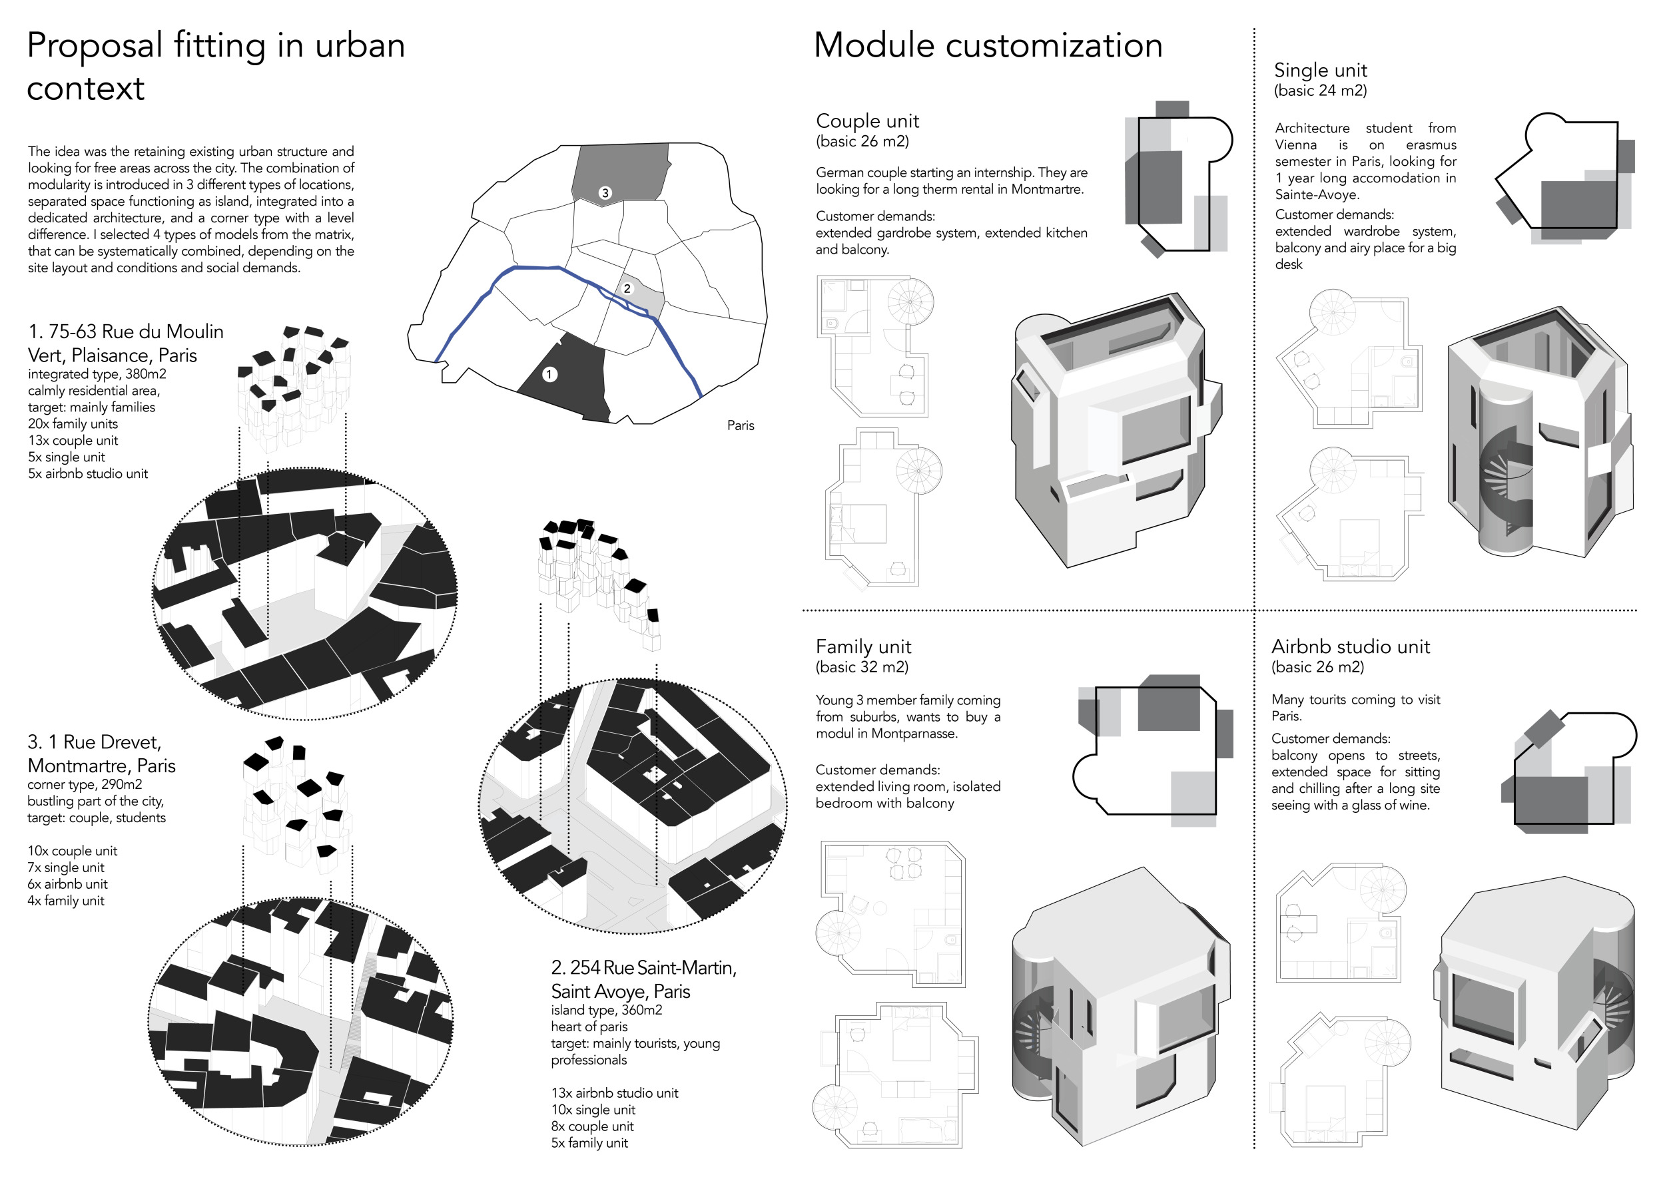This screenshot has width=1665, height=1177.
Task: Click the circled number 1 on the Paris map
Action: pyautogui.click(x=549, y=374)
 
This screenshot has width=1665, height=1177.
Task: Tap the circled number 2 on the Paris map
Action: pyautogui.click(x=627, y=288)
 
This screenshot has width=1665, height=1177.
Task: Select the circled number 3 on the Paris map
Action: pyautogui.click(x=605, y=193)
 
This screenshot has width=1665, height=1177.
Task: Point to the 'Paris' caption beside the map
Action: pyautogui.click(x=741, y=425)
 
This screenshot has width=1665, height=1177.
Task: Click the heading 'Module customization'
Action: pyautogui.click(x=988, y=46)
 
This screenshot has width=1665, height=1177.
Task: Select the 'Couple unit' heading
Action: pyautogui.click(x=867, y=120)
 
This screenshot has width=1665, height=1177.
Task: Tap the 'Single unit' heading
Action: pyautogui.click(x=1320, y=71)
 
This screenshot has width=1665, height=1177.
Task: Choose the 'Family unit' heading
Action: pyautogui.click(x=863, y=646)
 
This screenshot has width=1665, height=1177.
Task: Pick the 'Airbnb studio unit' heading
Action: pyautogui.click(x=1350, y=646)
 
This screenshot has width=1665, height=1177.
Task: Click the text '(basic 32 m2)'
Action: pyautogui.click(x=862, y=667)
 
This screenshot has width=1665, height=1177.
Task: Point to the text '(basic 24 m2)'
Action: pyautogui.click(x=1320, y=91)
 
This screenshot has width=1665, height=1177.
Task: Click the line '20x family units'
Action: pyautogui.click(x=73, y=424)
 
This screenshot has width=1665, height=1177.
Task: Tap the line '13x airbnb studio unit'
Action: pyautogui.click(x=614, y=1093)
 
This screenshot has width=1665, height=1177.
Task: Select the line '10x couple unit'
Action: pyautogui.click(x=72, y=851)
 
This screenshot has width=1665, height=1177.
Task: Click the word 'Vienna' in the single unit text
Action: pyautogui.click(x=1296, y=145)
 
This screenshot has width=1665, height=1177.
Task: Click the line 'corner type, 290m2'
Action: pyautogui.click(x=84, y=784)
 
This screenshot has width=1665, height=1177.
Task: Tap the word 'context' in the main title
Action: pyautogui.click(x=85, y=89)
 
